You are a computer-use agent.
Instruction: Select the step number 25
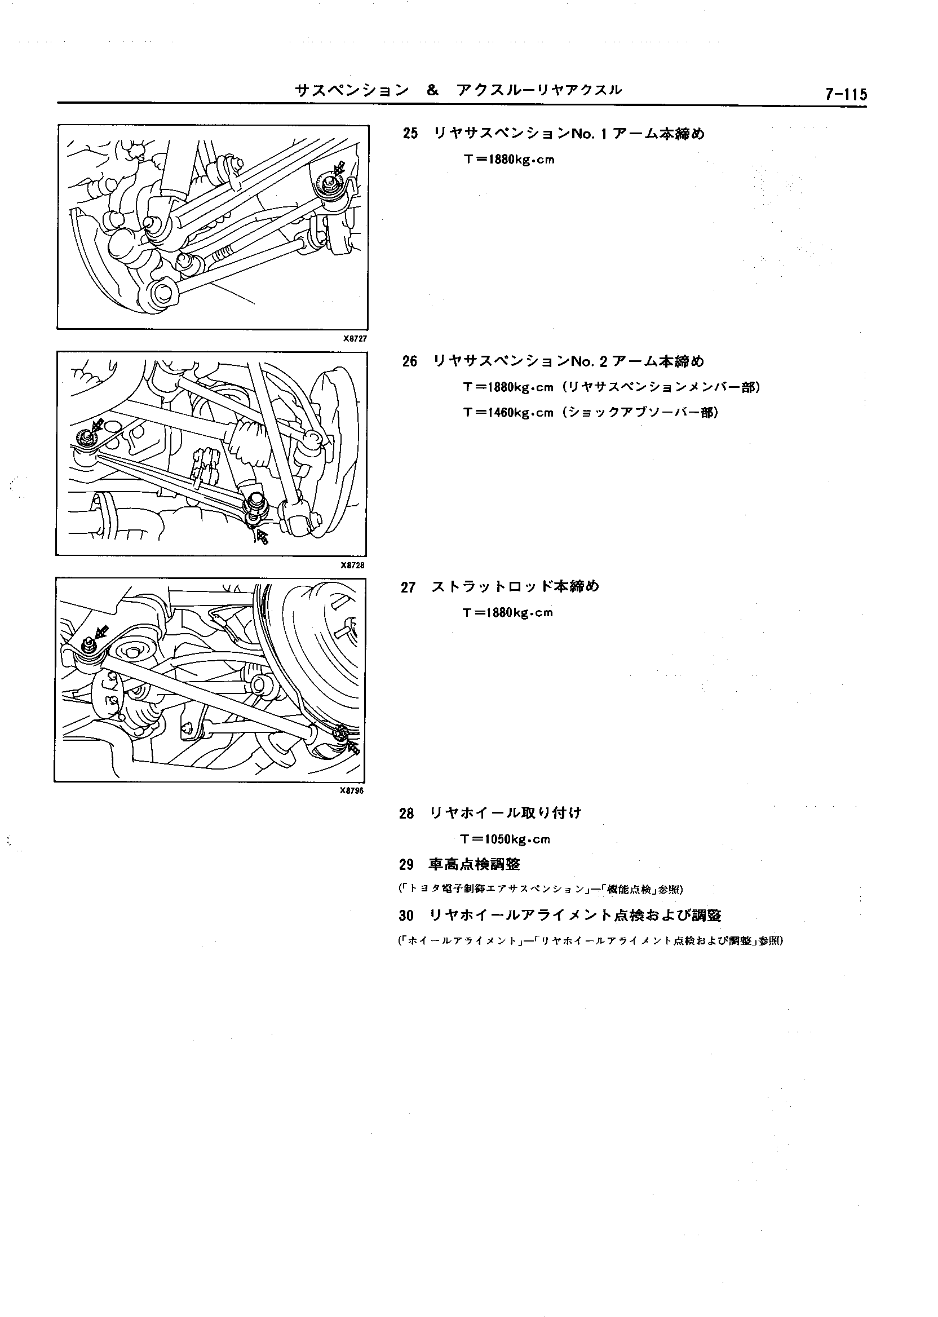(410, 134)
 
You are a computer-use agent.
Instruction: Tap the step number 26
(409, 362)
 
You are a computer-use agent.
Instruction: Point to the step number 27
(408, 588)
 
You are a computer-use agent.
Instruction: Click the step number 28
(406, 814)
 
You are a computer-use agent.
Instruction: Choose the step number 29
(406, 865)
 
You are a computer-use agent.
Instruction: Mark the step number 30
(406, 916)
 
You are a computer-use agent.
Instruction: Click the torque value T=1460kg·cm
(508, 413)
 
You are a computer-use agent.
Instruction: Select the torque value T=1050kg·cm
(506, 839)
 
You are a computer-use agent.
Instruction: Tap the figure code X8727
(355, 338)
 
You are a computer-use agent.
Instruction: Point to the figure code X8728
(352, 565)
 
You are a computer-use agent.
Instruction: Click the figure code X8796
(352, 791)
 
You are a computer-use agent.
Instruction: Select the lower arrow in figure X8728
(262, 537)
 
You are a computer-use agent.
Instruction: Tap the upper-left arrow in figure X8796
(101, 631)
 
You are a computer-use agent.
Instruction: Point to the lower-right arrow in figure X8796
(353, 748)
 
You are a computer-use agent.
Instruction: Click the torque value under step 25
(509, 160)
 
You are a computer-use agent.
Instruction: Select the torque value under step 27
(508, 613)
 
